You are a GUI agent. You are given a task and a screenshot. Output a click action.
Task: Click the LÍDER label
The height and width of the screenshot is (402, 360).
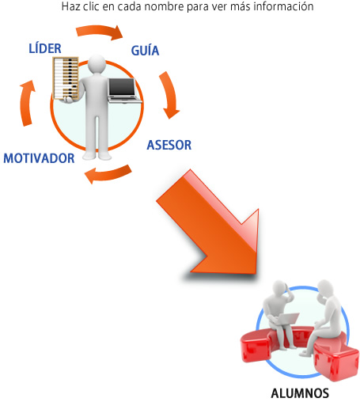click(45, 48)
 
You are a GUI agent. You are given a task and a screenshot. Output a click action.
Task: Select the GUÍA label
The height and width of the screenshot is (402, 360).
click(145, 51)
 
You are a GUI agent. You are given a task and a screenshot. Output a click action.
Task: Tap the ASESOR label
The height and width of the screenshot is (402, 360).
click(169, 145)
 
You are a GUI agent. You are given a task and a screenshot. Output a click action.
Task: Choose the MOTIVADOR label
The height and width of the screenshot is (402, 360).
click(39, 158)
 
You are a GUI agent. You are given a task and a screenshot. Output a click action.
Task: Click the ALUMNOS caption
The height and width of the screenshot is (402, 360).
click(300, 393)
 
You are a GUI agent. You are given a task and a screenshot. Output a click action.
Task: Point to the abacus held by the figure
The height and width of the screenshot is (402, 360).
click(66, 78)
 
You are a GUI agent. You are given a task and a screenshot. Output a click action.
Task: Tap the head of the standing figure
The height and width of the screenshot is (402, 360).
click(97, 63)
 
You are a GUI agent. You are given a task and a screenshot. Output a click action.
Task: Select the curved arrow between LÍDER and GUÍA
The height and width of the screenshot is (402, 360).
click(100, 31)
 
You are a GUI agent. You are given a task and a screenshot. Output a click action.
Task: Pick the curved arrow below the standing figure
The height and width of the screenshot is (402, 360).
click(108, 173)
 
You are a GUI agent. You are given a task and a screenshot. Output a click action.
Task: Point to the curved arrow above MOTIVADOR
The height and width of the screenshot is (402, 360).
click(26, 103)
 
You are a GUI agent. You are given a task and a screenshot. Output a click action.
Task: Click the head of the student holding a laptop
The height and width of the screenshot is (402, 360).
click(280, 288)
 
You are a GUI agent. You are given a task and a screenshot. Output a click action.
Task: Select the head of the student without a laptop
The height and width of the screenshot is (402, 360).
click(324, 288)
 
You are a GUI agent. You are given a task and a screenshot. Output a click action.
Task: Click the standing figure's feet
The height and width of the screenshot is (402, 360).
click(97, 156)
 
